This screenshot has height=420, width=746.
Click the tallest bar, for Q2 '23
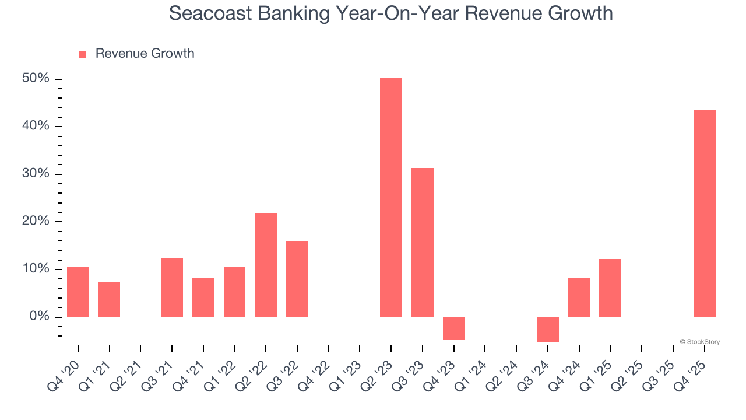point(390,197)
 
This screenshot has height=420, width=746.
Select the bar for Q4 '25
point(704,213)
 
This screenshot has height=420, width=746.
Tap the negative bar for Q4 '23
point(453,328)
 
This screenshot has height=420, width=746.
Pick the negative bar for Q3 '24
point(547,330)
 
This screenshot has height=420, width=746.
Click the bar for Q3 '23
point(422,243)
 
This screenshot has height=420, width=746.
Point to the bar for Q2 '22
point(265,265)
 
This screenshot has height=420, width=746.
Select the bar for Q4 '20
point(78,292)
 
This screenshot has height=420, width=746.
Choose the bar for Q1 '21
point(109,300)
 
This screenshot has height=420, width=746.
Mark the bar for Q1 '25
point(610,288)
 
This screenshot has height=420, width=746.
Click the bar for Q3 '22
point(297,279)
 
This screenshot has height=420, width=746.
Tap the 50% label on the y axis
point(36,79)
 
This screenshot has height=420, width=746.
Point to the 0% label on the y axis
point(39,317)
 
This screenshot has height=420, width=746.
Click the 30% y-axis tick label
point(36,174)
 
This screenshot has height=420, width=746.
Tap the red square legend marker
point(82,54)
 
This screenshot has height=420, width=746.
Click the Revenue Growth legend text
point(145,54)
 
